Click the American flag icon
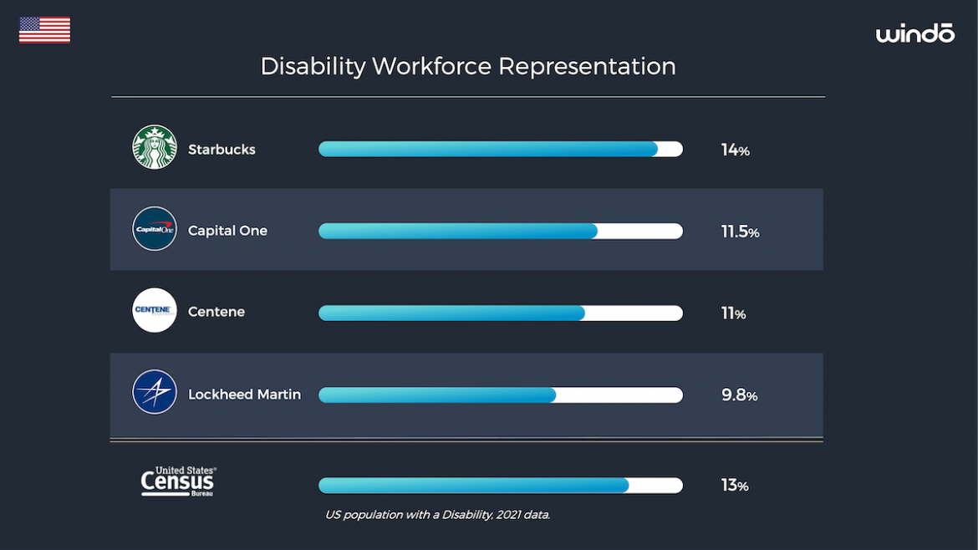coord(44,30)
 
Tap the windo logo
coord(914,33)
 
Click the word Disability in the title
coord(313,67)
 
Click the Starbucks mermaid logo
coord(155,147)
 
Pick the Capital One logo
coord(155,228)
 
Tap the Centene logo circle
coord(155,310)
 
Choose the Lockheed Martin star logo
coord(155,392)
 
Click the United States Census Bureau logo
coord(178,481)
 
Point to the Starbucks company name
coord(222,150)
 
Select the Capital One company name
coord(227,231)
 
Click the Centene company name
coord(216,312)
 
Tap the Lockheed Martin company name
coord(244,395)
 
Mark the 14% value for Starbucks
coord(735,150)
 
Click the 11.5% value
coord(740,232)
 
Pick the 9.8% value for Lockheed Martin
coord(739,395)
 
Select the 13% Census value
coord(735,486)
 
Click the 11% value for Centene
coord(733,313)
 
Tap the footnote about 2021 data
coord(437,515)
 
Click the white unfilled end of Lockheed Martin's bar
coord(619,395)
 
